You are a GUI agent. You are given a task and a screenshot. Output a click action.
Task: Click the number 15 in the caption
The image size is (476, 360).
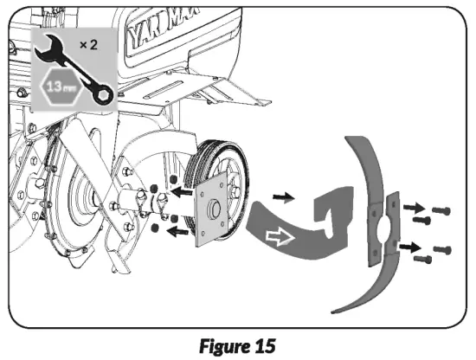(263, 345)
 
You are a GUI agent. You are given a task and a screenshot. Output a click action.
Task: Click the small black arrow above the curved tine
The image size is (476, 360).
(281, 196)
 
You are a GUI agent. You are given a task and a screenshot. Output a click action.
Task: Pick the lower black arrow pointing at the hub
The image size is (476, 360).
(177, 228)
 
